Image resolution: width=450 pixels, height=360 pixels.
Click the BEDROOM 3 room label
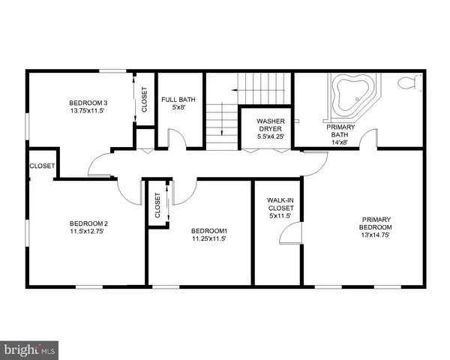[88, 102]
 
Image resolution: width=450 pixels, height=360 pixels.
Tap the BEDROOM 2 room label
[88, 223]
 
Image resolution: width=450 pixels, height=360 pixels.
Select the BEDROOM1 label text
[208, 230]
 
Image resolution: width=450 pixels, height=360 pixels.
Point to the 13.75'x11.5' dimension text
[88, 111]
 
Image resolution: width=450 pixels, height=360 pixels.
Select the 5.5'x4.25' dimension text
[270, 136]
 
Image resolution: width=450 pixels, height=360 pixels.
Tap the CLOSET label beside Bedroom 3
[144, 99]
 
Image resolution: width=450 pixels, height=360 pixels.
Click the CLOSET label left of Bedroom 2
[41, 166]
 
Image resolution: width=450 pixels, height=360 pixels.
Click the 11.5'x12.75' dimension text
[88, 232]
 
